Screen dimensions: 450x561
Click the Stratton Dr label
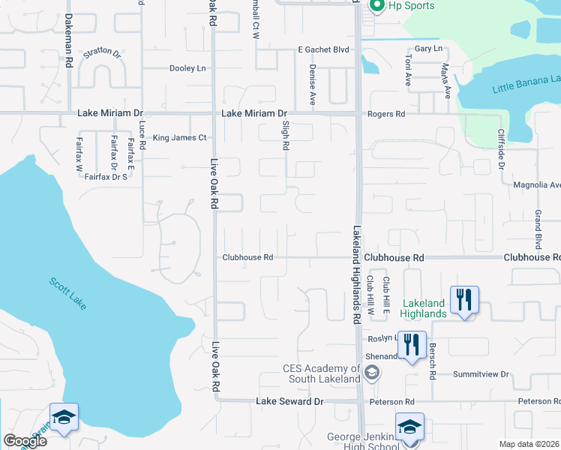(x=102, y=53)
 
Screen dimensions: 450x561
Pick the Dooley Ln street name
(x=187, y=68)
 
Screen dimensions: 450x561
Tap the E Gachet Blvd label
(x=324, y=49)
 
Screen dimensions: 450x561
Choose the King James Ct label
(x=179, y=138)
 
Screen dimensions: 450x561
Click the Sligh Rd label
(x=286, y=137)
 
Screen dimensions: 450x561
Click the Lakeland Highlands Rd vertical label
(x=357, y=274)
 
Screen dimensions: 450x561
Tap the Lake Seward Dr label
(x=289, y=402)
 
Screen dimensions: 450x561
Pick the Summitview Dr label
(x=481, y=374)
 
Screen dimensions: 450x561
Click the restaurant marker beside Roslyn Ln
(x=411, y=345)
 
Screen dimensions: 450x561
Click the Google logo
(x=25, y=440)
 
